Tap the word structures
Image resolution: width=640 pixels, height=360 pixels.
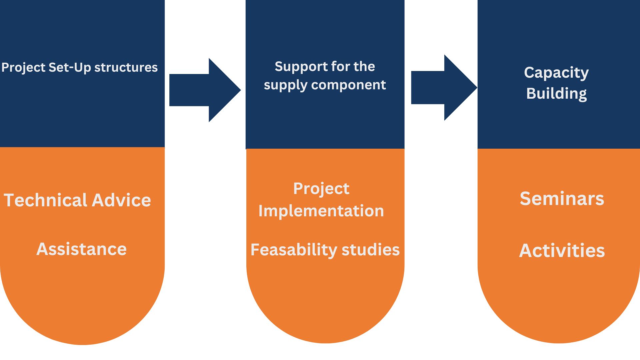(126, 68)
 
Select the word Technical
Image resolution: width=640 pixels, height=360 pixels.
(46, 200)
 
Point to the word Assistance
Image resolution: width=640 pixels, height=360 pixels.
(81, 249)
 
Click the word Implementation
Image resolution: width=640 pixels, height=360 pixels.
(321, 211)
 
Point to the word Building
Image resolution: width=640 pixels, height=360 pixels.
(556, 94)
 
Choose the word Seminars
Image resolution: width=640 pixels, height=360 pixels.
(562, 199)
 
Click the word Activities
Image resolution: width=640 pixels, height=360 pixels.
(562, 251)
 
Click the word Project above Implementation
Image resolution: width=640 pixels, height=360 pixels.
(321, 189)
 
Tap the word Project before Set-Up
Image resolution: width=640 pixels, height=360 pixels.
(23, 68)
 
